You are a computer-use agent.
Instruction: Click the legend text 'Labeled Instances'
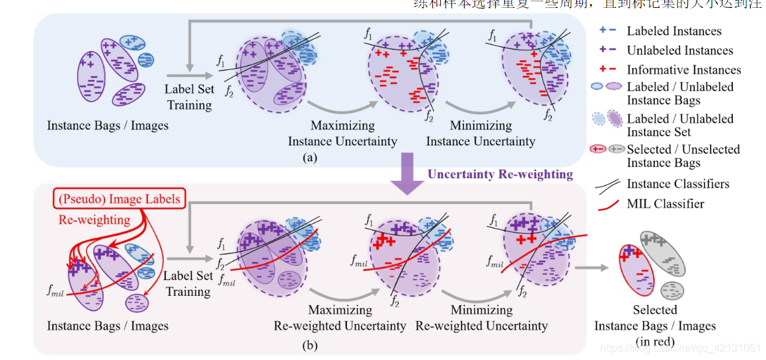click(x=674, y=31)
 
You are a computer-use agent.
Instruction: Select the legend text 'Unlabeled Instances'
click(x=679, y=50)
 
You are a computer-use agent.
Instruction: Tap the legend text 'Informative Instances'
click(x=683, y=69)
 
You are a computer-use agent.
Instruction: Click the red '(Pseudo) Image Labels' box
click(x=118, y=199)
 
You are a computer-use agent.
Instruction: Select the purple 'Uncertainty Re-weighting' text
click(x=500, y=174)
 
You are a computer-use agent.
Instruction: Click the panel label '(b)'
click(x=308, y=344)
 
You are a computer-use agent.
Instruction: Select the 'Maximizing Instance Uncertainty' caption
click(x=342, y=133)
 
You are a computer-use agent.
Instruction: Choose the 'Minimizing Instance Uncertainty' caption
click(x=480, y=133)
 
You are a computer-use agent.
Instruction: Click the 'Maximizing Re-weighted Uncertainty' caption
click(x=340, y=318)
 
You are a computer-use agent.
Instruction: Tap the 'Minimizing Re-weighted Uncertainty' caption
click(x=481, y=318)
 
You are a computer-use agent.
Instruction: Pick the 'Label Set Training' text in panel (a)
click(x=189, y=97)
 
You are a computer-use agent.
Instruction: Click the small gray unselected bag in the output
click(x=673, y=290)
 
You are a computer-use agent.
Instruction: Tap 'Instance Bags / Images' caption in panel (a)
click(x=107, y=126)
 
